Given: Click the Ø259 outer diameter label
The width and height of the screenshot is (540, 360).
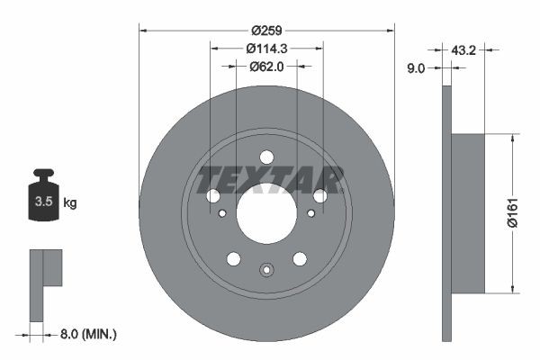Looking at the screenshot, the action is (x=266, y=31).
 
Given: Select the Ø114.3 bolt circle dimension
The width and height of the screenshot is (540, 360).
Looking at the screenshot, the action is (x=266, y=49).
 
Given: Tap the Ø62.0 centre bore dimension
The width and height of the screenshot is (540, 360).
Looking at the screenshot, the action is (x=266, y=67).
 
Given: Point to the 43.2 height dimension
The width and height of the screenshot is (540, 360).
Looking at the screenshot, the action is (x=463, y=50).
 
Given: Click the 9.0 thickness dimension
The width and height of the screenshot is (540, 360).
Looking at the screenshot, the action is (x=416, y=68).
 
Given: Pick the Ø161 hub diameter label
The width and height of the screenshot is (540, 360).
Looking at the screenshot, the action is (x=513, y=213).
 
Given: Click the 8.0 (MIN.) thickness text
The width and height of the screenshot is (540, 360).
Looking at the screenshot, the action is (x=88, y=334).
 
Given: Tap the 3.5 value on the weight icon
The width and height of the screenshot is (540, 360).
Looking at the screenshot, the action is (x=44, y=202).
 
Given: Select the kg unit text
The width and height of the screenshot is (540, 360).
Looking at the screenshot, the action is (x=70, y=202).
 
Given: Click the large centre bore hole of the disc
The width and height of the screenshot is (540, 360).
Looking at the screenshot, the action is (x=266, y=213).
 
